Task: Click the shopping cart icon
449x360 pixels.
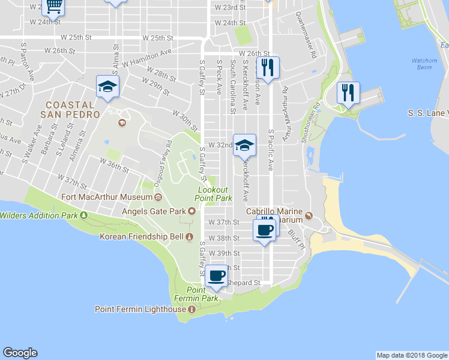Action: point(54,6)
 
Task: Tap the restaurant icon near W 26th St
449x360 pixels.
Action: point(267,67)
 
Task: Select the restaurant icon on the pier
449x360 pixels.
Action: point(348,92)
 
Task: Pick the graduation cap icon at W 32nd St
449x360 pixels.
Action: point(244,145)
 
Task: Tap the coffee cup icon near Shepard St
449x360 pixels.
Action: point(217,276)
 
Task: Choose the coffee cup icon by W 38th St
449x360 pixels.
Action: point(265,229)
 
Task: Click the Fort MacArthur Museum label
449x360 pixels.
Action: point(107,197)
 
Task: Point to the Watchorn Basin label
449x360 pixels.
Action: point(424,64)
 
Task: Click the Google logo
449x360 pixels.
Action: point(20,353)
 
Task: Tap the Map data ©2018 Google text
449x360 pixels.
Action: point(411,355)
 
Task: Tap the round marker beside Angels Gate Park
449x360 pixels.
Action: point(192,211)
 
